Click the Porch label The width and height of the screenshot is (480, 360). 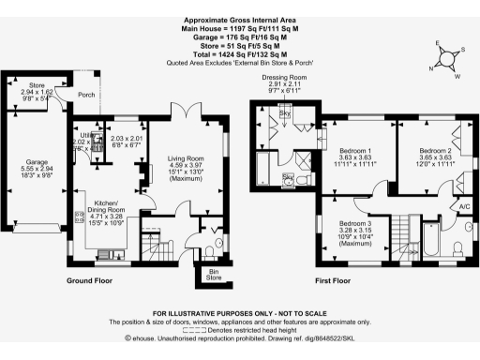pos(86,94)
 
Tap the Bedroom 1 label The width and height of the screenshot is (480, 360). pos(355,152)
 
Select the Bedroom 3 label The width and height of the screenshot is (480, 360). pos(355,223)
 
